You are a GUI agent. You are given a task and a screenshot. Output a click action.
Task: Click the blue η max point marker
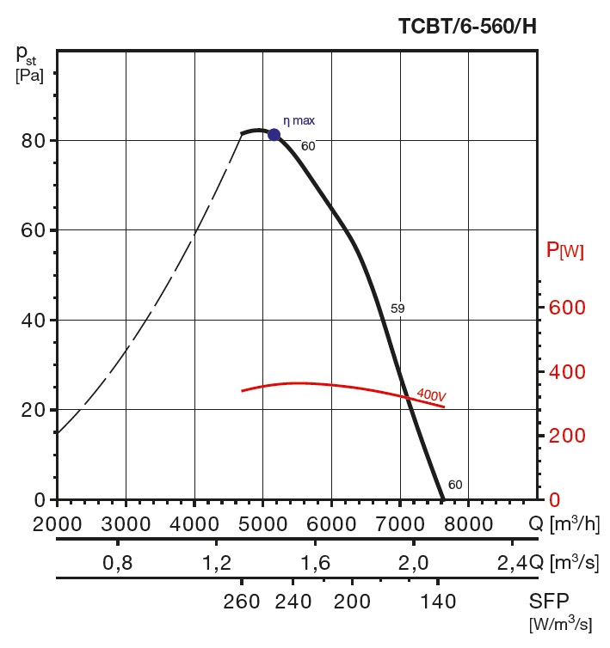[274, 134]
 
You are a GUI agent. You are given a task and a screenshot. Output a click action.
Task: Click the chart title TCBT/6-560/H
[467, 26]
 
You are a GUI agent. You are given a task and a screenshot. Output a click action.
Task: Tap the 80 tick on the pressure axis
[34, 140]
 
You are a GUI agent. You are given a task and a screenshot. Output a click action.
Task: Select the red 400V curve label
[431, 395]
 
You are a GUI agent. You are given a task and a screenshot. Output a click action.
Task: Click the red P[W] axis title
[565, 251]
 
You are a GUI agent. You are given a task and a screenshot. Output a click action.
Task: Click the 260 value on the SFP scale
[242, 601]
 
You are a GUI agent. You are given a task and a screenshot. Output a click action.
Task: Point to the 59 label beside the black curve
[397, 308]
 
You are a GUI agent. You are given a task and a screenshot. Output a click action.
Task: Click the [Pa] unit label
[29, 76]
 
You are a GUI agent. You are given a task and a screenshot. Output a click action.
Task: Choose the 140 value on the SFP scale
[439, 601]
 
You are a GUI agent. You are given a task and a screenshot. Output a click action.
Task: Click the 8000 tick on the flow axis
[468, 523]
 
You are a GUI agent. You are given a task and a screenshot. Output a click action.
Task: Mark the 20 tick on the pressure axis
[34, 410]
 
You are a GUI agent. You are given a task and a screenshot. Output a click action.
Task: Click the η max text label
[299, 121]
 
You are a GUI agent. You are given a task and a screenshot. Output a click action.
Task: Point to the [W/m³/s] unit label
[560, 625]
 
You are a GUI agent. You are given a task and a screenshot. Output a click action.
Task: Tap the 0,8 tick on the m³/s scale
[117, 563]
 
